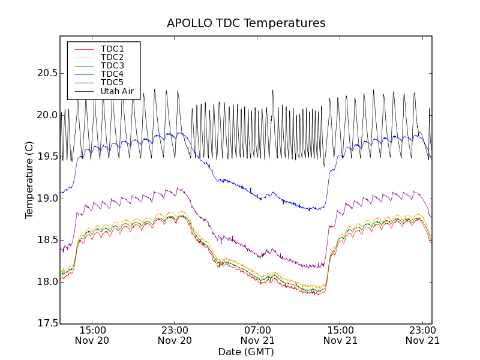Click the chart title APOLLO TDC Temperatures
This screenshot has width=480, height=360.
[246, 23]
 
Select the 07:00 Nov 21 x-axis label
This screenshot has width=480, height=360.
[257, 335]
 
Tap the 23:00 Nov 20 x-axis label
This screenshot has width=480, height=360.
[175, 335]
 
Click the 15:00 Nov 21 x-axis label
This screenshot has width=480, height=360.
[340, 335]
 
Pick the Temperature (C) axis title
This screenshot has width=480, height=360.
[29, 180]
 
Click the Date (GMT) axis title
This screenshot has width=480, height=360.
[246, 352]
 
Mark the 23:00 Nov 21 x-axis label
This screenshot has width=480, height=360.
[422, 335]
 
